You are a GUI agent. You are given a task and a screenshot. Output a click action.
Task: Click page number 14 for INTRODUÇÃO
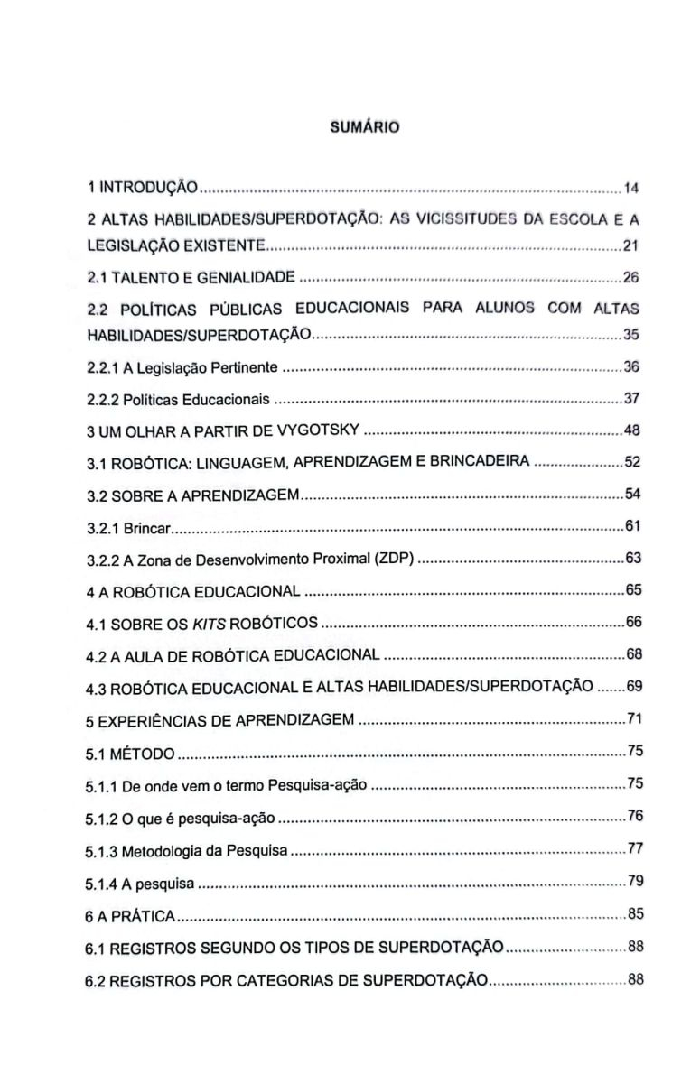pyautogui.click(x=632, y=189)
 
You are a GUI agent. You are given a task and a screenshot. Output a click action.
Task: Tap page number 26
pyautogui.click(x=632, y=275)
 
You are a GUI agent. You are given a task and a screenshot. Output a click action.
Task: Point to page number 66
pyautogui.click(x=633, y=623)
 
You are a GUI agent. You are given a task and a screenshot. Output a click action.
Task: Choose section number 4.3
pyautogui.click(x=96, y=687)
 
